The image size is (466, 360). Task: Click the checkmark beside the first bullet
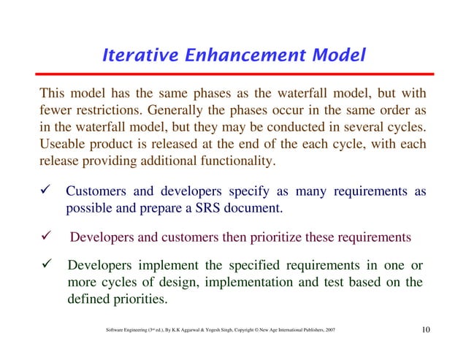46,192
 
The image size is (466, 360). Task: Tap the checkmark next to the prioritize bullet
46,237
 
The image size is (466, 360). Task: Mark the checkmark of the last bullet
46,267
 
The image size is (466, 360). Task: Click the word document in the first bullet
256,207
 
